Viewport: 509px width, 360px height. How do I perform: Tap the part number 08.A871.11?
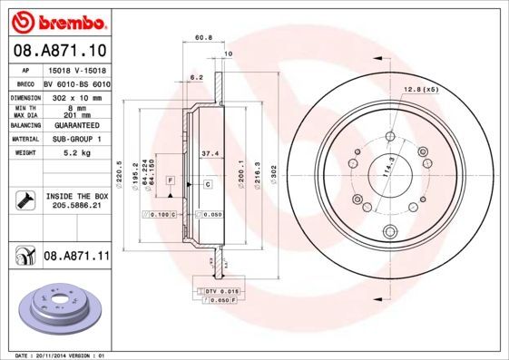(x=76, y=257)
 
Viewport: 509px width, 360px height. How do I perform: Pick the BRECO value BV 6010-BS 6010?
(x=75, y=83)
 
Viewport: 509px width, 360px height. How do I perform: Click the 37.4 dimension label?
(x=207, y=153)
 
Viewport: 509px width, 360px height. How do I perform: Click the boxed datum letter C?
(x=208, y=184)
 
